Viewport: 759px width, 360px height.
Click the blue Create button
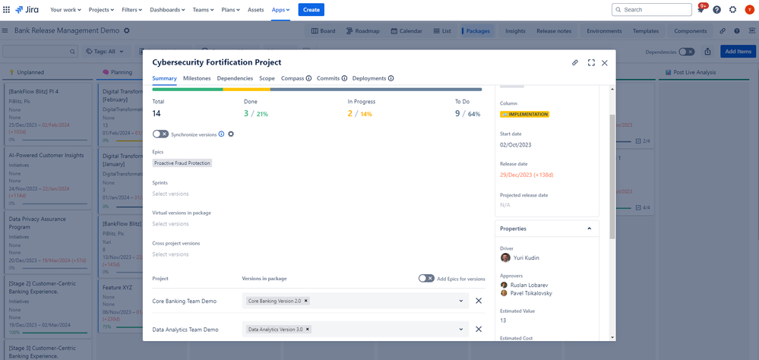tap(311, 10)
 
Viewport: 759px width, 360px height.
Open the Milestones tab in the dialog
tap(197, 78)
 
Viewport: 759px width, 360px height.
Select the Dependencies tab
tap(235, 78)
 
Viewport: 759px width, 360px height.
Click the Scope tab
tap(267, 78)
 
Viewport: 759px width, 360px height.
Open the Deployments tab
tap(369, 78)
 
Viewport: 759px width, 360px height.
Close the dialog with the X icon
tap(605, 63)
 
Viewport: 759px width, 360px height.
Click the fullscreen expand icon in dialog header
tap(591, 63)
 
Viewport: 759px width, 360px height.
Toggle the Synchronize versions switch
tap(160, 134)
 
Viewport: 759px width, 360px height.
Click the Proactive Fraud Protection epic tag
tap(182, 163)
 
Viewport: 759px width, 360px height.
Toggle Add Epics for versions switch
tap(426, 279)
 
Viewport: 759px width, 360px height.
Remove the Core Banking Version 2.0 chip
tap(306, 301)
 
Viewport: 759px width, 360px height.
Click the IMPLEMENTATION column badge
tap(524, 115)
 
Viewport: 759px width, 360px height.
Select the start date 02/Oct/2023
tap(515, 144)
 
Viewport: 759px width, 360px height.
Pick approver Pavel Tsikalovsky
tap(531, 293)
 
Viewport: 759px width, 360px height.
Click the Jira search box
tap(652, 10)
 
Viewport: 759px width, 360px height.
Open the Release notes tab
tap(553, 31)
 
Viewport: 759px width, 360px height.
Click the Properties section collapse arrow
tap(589, 229)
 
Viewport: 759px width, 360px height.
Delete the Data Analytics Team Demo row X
tap(479, 330)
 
